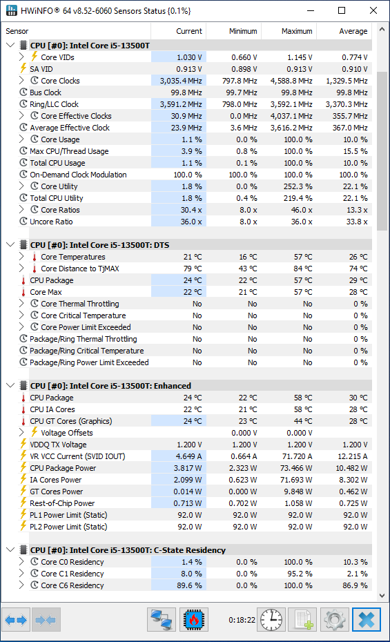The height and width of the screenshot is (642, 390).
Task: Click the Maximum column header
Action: tap(297, 31)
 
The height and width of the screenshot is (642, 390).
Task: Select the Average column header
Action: tap(353, 31)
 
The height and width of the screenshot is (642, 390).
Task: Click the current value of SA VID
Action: tap(189, 69)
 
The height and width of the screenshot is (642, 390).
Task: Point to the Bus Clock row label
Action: tap(46, 93)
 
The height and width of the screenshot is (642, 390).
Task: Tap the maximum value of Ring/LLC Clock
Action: tap(291, 104)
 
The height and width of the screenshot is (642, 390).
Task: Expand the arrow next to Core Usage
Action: tap(21, 139)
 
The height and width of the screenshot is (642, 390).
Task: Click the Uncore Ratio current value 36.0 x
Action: tap(191, 222)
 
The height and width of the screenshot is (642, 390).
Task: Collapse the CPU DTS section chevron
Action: tap(10, 245)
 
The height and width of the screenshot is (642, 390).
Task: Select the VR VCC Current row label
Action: tap(77, 456)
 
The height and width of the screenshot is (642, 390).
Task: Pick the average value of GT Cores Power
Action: tap(355, 492)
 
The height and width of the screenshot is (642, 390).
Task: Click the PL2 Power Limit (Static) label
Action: tap(68, 527)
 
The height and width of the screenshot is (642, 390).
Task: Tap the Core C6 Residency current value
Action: tap(189, 585)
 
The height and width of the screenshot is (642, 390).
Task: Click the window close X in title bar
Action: tap(373, 10)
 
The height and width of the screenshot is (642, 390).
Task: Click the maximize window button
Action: tap(342, 10)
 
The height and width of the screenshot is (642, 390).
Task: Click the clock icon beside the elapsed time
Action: tap(271, 620)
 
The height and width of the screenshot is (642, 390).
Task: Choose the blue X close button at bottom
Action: tap(367, 620)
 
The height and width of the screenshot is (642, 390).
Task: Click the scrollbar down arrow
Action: tap(382, 596)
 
